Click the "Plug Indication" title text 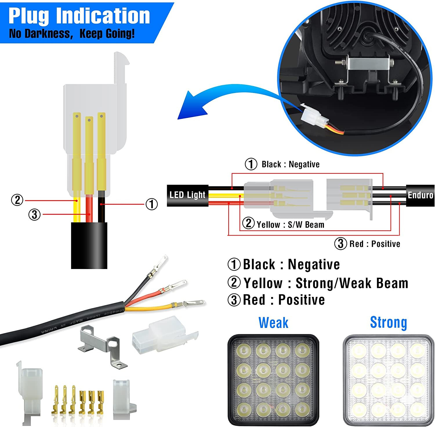click(x=79, y=16)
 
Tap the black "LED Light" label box click(x=187, y=195)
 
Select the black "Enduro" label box click(x=420, y=195)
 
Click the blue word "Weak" click(x=273, y=323)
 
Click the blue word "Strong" click(x=388, y=322)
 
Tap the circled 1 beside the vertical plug click(x=151, y=204)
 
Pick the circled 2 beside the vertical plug click(x=17, y=200)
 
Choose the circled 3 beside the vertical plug click(x=35, y=215)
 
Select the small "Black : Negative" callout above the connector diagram click(x=290, y=164)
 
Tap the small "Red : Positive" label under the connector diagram click(x=375, y=244)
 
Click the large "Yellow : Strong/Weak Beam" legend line click(x=325, y=283)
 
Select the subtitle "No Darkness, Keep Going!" click(x=72, y=34)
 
